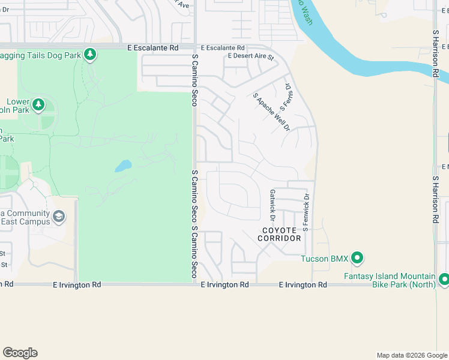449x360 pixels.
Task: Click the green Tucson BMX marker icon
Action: click(x=357, y=259)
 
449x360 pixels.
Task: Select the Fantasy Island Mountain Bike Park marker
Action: click(x=444, y=279)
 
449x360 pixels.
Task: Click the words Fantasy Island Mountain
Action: click(x=390, y=276)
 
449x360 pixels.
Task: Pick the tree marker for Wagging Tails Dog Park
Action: click(x=90, y=55)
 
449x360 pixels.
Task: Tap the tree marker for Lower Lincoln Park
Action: click(x=38, y=105)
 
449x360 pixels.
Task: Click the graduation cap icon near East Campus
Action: click(x=58, y=216)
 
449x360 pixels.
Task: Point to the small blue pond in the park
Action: click(x=122, y=165)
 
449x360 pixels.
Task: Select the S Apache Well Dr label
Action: click(x=271, y=112)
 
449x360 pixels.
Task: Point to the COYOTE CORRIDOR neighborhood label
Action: click(x=279, y=234)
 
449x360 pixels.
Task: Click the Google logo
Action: click(x=20, y=353)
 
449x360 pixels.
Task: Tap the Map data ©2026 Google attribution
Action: click(x=412, y=355)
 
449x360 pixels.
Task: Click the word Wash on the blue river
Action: click(x=307, y=16)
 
